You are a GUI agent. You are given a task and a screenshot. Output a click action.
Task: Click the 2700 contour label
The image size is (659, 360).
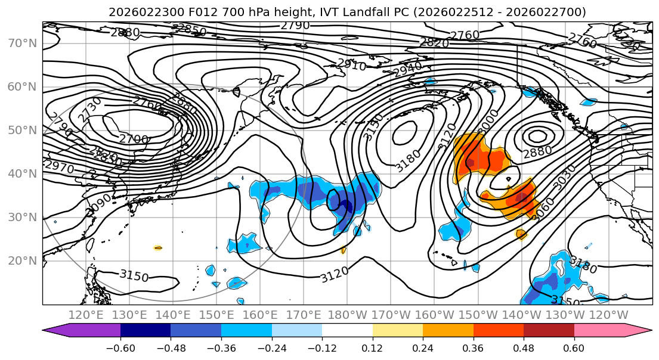coord(133,139)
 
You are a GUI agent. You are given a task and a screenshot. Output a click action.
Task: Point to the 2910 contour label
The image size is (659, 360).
coord(351,64)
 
